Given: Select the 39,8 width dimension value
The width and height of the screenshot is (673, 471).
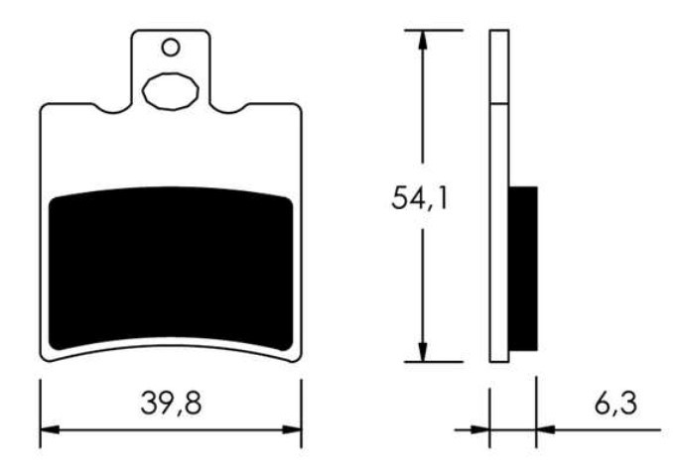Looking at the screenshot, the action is click(x=171, y=404).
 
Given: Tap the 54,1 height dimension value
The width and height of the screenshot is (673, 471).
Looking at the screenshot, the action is click(x=419, y=198).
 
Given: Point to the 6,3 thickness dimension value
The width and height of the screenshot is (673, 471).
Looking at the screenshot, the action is click(x=615, y=404).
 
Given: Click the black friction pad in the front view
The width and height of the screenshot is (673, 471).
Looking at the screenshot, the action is click(x=171, y=269).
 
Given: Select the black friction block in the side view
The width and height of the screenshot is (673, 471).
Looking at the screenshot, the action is click(x=523, y=269).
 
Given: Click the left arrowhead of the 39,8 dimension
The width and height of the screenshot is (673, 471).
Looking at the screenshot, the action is click(x=50, y=429).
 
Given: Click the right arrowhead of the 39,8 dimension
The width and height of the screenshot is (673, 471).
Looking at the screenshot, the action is click(x=292, y=429).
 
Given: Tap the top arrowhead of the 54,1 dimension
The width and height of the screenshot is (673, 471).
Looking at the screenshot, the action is click(x=423, y=40).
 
